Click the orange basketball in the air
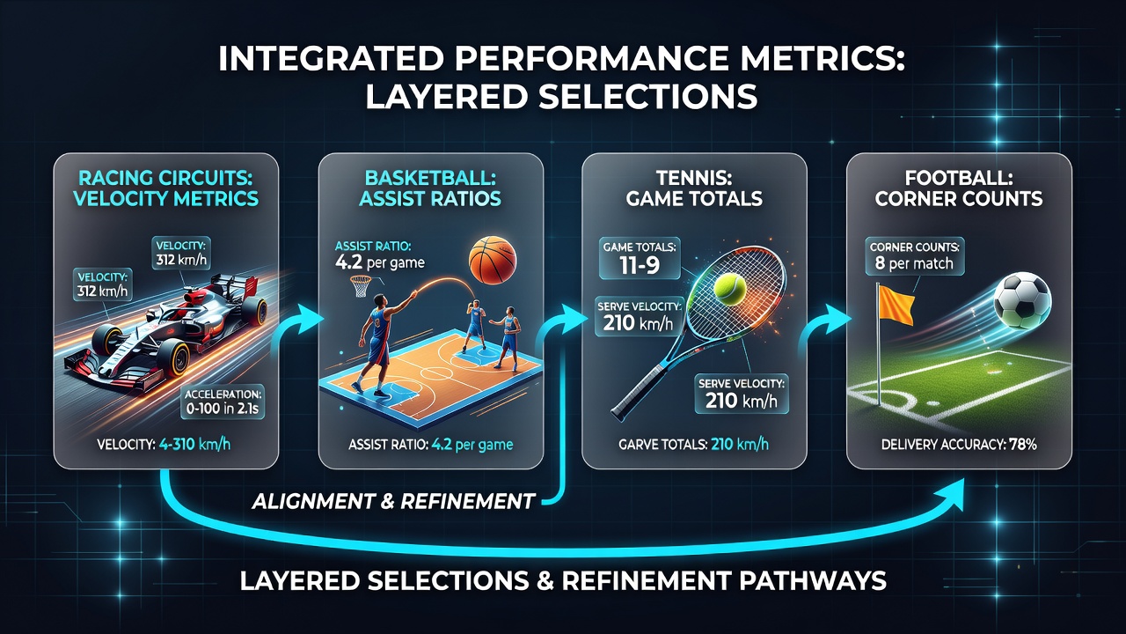(492, 260)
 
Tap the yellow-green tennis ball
(730, 289)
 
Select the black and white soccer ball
(1022, 300)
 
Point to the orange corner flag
(896, 304)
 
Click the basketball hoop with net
(361, 285)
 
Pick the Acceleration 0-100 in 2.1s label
(223, 402)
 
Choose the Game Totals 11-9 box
(640, 258)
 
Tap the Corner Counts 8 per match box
(914, 256)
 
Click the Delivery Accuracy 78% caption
(959, 445)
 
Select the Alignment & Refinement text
(392, 501)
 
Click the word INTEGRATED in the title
(330, 59)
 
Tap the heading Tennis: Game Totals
(694, 188)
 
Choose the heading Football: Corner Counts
(959, 188)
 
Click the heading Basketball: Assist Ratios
(430, 188)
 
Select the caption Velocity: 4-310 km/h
(164, 445)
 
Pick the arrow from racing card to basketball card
(296, 326)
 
